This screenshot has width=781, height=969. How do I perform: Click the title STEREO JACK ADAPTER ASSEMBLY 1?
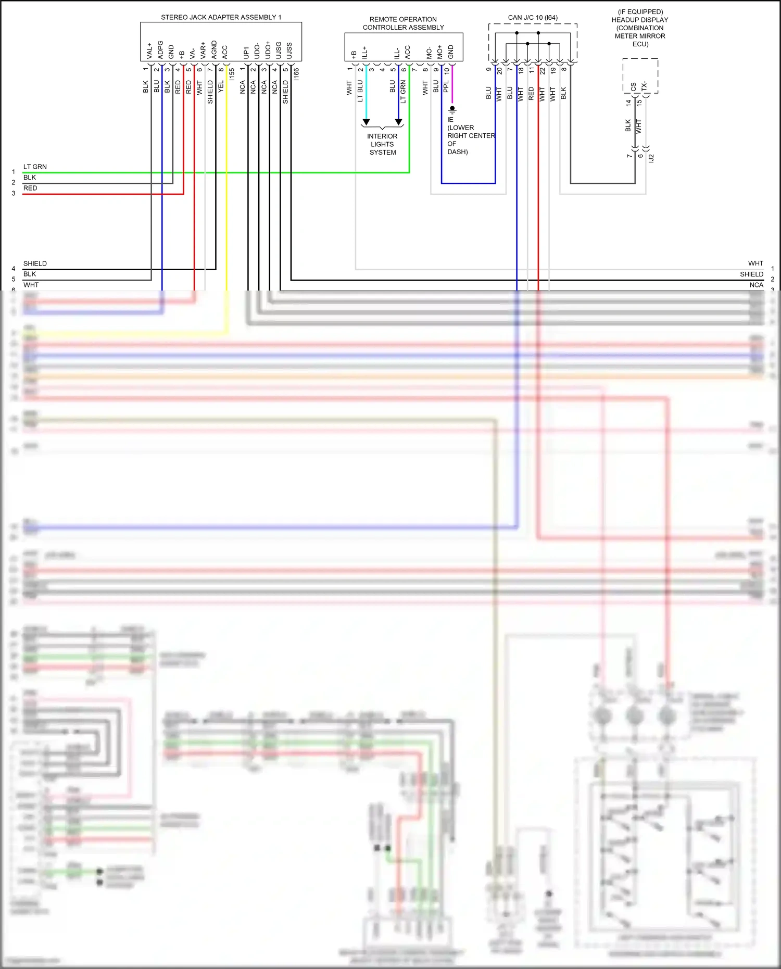(221, 17)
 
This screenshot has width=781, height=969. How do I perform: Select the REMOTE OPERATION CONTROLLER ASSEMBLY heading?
(403, 23)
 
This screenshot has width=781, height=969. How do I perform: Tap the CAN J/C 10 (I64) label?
(533, 18)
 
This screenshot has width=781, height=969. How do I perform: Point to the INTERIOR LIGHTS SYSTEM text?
(383, 144)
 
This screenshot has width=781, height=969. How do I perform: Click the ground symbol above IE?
(452, 110)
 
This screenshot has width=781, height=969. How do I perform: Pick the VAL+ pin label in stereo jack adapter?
(149, 51)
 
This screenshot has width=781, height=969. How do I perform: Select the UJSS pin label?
(289, 51)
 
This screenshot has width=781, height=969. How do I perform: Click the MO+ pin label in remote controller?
(440, 52)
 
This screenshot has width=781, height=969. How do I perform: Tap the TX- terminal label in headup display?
(644, 86)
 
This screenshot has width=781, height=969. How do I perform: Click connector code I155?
(232, 73)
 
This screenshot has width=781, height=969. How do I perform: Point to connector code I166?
(296, 73)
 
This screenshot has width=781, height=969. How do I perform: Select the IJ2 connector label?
(651, 158)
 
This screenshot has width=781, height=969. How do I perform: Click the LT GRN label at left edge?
(35, 167)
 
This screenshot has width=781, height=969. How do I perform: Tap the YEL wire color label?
(221, 86)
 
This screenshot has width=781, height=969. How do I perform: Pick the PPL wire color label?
(446, 86)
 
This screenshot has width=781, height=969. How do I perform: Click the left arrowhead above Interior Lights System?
(366, 122)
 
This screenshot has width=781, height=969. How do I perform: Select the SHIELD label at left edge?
(35, 263)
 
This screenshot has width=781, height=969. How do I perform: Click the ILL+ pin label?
(364, 52)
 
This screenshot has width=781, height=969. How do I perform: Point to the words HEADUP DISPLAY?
(640, 20)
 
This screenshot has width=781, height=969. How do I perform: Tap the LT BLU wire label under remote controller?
(360, 91)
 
